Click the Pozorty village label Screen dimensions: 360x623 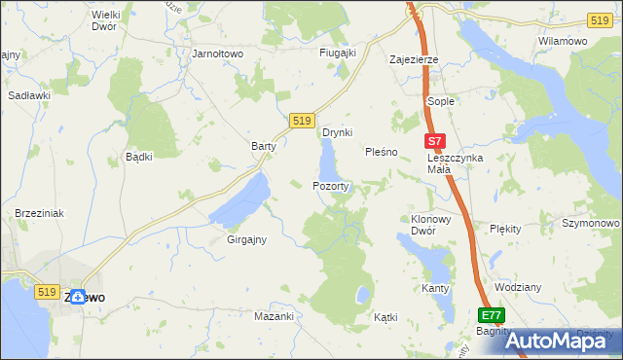(330, 185)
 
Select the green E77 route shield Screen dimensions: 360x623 (492, 316)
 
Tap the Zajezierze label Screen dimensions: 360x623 (414, 59)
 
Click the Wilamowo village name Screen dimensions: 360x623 (562, 42)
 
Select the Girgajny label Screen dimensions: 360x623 (246, 238)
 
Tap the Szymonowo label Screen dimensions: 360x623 (591, 223)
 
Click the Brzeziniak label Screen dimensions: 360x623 (39, 212)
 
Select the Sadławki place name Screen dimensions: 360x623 (29, 95)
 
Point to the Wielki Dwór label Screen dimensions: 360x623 (110, 21)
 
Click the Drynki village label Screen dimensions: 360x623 (337, 132)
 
